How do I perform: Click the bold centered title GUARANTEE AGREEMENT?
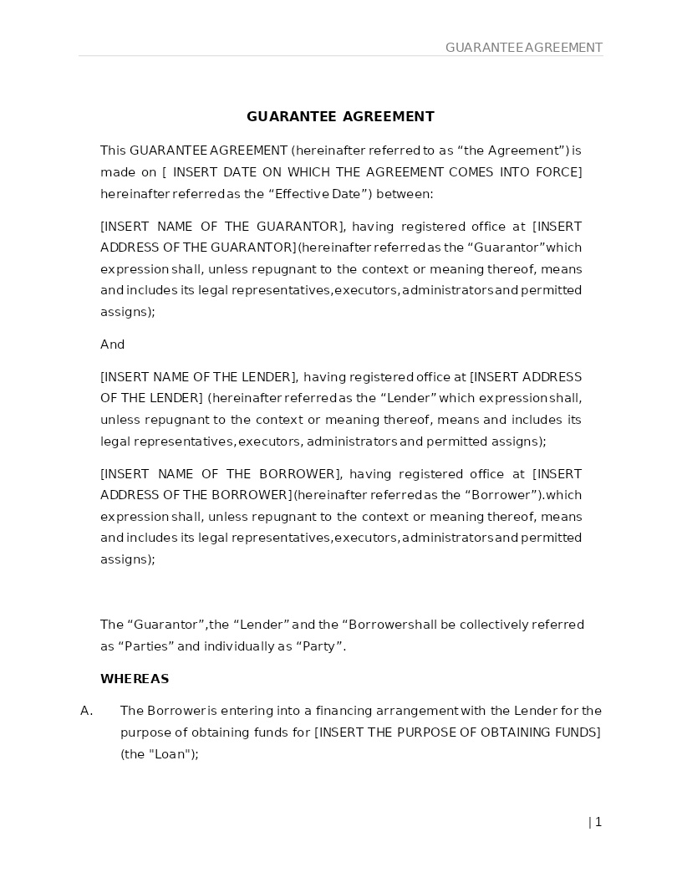[340, 117]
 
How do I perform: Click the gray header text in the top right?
[523, 48]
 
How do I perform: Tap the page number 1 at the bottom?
[598, 822]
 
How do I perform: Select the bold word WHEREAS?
[135, 679]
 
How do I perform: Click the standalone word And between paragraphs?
[112, 345]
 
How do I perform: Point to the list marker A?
[86, 711]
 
